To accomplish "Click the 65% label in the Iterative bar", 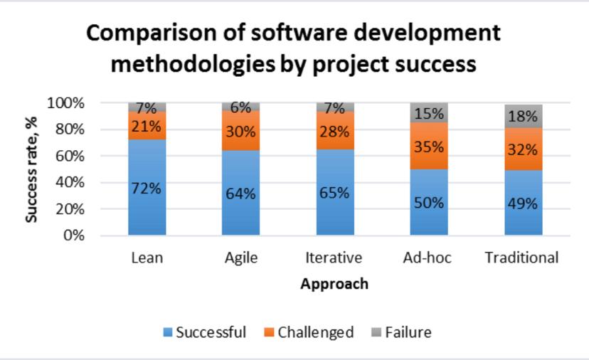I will [x=334, y=193].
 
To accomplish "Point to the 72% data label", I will [x=147, y=189].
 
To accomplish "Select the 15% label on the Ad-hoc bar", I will [x=430, y=114].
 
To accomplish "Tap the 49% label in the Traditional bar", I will [x=523, y=203].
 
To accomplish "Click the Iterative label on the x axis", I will [x=334, y=258].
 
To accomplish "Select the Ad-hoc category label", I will [x=429, y=258].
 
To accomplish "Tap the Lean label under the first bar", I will [x=147, y=258].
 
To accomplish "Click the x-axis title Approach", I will [x=334, y=284].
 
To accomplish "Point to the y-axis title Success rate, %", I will [x=31, y=169].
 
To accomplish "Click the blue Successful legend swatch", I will [x=168, y=332].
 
